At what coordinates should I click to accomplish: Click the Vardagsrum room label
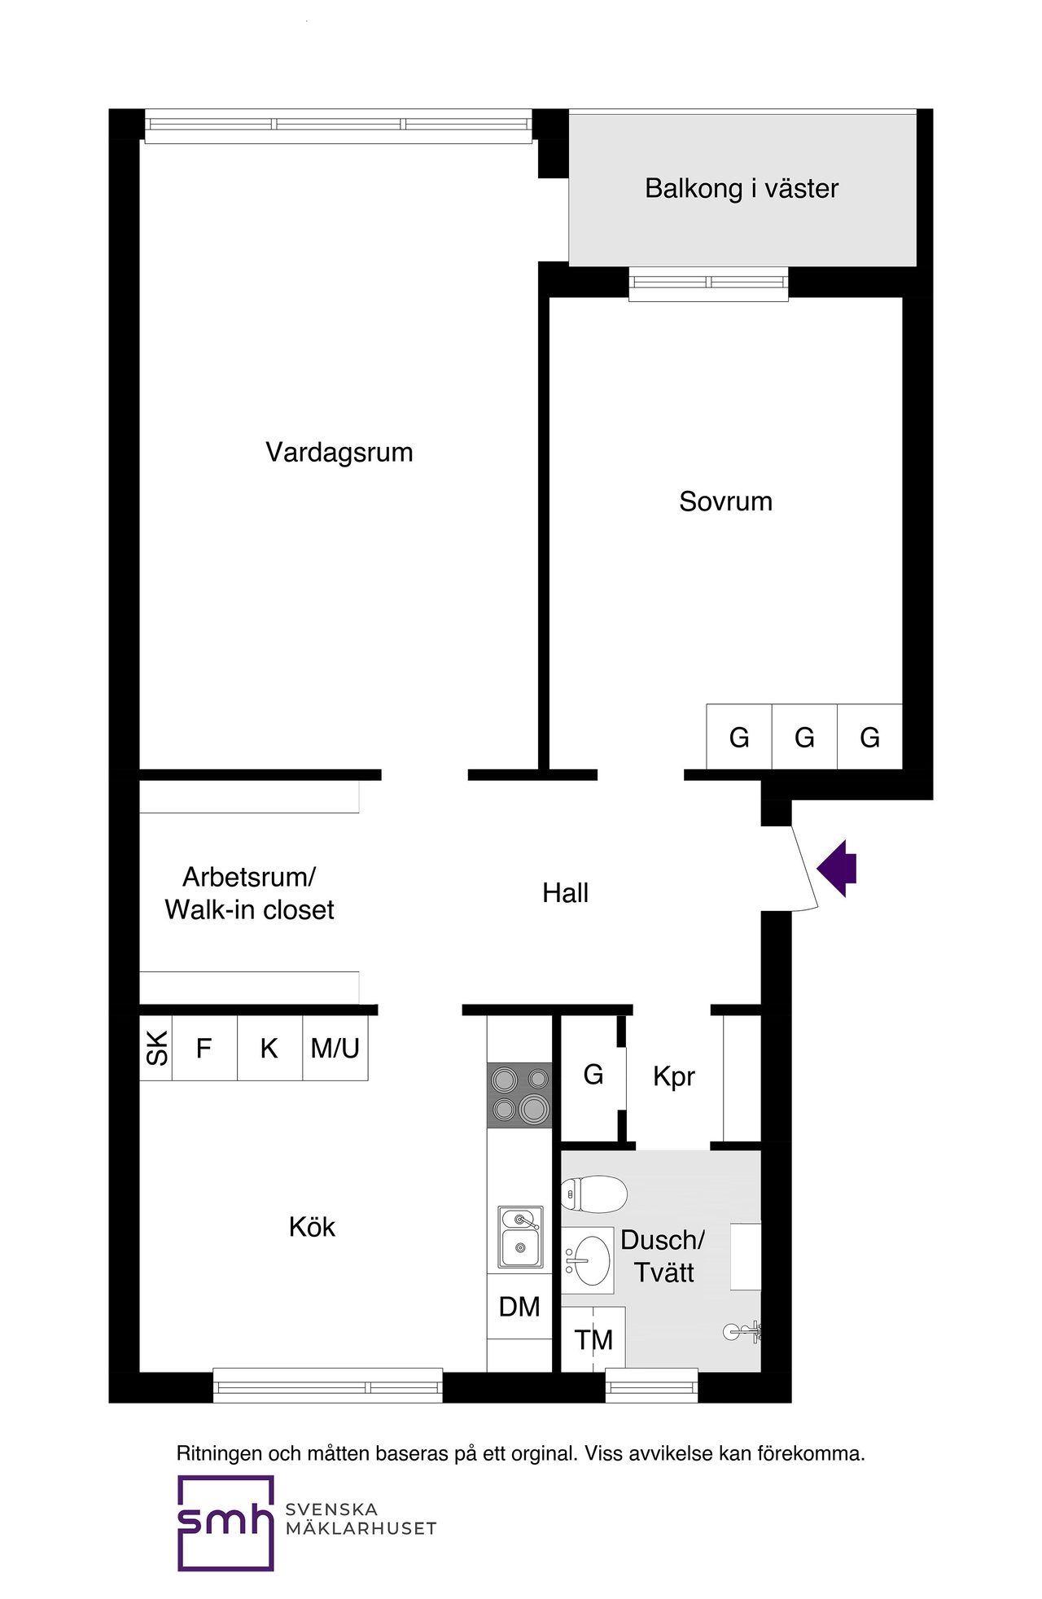(339, 452)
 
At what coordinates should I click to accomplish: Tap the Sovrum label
(725, 502)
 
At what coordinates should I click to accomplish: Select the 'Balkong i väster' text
(742, 189)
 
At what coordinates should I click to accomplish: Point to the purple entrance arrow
(837, 868)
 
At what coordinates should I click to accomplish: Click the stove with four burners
(519, 1095)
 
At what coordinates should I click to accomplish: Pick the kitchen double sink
(520, 1237)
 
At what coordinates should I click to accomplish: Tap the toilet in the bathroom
(594, 1194)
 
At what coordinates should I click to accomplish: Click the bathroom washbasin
(588, 1260)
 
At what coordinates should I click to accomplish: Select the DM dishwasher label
(519, 1307)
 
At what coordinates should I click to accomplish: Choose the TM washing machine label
(593, 1339)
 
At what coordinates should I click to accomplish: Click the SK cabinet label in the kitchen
(156, 1048)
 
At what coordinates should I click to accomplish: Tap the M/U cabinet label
(335, 1048)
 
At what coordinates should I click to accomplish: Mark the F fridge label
(204, 1048)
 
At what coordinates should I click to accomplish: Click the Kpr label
(673, 1076)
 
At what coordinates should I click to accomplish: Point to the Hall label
(565, 893)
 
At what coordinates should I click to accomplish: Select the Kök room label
(312, 1227)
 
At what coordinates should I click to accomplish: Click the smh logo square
(225, 1522)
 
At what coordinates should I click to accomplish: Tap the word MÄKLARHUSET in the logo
(361, 1529)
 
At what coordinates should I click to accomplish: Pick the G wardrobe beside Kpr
(593, 1075)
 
